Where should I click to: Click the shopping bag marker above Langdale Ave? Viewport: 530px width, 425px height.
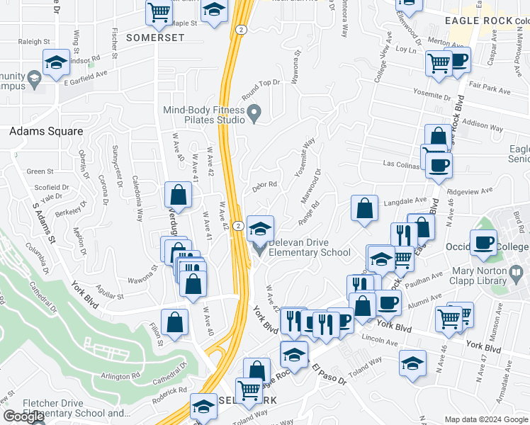click(x=364, y=208)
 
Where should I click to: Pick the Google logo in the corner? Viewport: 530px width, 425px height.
click(x=23, y=416)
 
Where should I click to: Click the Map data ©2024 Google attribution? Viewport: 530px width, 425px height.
click(x=485, y=419)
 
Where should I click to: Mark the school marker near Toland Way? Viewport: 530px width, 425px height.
click(x=412, y=363)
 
